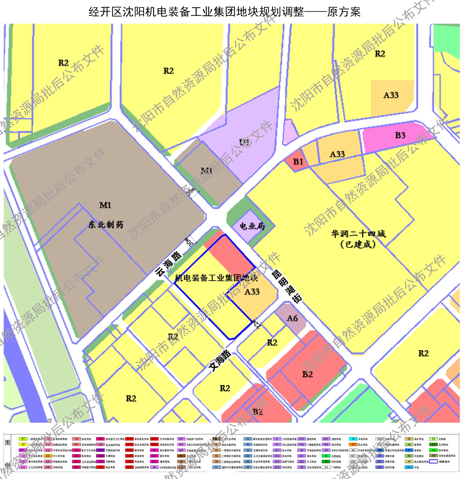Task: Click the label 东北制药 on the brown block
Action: tap(106, 225)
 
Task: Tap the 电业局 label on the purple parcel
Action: tap(252, 226)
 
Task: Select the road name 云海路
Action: tap(169, 264)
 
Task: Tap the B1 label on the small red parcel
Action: tap(298, 162)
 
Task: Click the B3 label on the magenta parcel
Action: tap(400, 135)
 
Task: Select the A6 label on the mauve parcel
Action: tap(292, 318)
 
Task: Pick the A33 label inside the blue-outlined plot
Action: tap(252, 292)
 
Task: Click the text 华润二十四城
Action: tap(358, 234)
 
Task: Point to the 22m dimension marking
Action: tap(257, 324)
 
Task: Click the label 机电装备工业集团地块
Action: tap(216, 278)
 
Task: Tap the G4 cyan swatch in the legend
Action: tap(353, 439)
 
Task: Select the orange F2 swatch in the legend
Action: tap(353, 445)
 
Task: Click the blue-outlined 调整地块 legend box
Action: tap(433, 462)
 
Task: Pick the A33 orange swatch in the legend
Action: tap(48, 456)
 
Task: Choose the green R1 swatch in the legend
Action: tap(23, 439)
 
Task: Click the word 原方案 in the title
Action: tap(344, 12)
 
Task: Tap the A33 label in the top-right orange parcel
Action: tap(391, 95)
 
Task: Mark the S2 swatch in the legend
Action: tap(248, 439)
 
